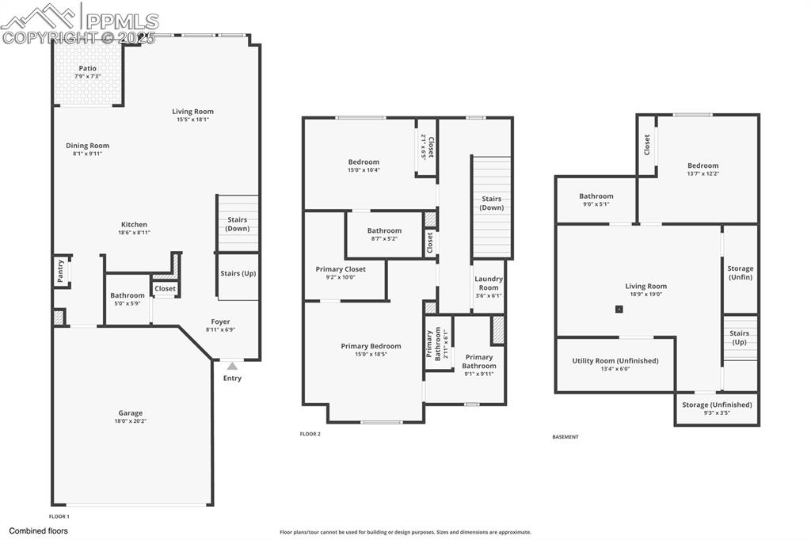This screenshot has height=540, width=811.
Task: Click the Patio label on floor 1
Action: click(87, 68)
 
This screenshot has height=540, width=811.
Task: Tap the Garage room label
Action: click(131, 413)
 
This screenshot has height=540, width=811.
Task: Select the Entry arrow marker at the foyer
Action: click(232, 366)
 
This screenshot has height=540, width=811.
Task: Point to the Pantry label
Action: click(60, 272)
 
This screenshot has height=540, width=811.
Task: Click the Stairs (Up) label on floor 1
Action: click(238, 274)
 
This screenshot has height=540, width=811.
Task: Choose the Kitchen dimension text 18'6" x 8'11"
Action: click(134, 233)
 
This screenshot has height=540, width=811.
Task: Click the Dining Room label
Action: click(87, 146)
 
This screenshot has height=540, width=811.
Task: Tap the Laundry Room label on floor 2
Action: click(489, 283)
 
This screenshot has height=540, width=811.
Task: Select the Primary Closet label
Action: click(341, 269)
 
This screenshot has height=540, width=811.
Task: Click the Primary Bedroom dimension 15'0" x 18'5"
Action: click(371, 355)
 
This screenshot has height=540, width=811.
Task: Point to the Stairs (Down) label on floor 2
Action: click(491, 203)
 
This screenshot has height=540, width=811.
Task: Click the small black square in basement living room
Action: click(619, 310)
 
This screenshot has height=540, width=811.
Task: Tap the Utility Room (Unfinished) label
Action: click(615, 361)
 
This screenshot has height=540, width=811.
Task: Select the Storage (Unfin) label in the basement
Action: click(741, 273)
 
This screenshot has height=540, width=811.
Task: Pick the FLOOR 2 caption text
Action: click(310, 434)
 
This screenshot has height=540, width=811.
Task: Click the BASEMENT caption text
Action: click(565, 437)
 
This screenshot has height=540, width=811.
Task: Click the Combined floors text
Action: click(39, 531)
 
